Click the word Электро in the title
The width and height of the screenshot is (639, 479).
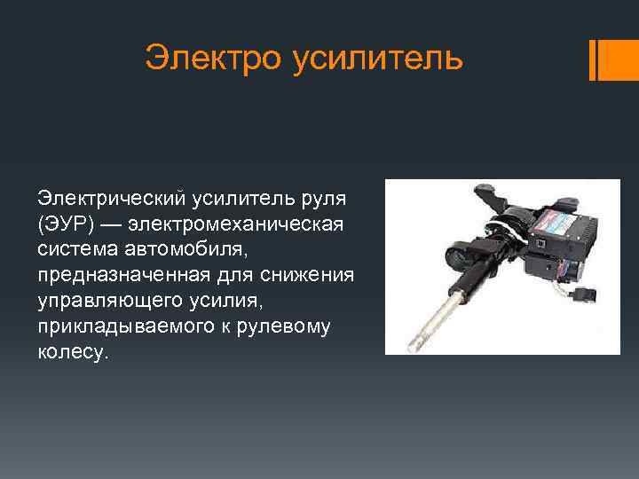coord(207,59)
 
